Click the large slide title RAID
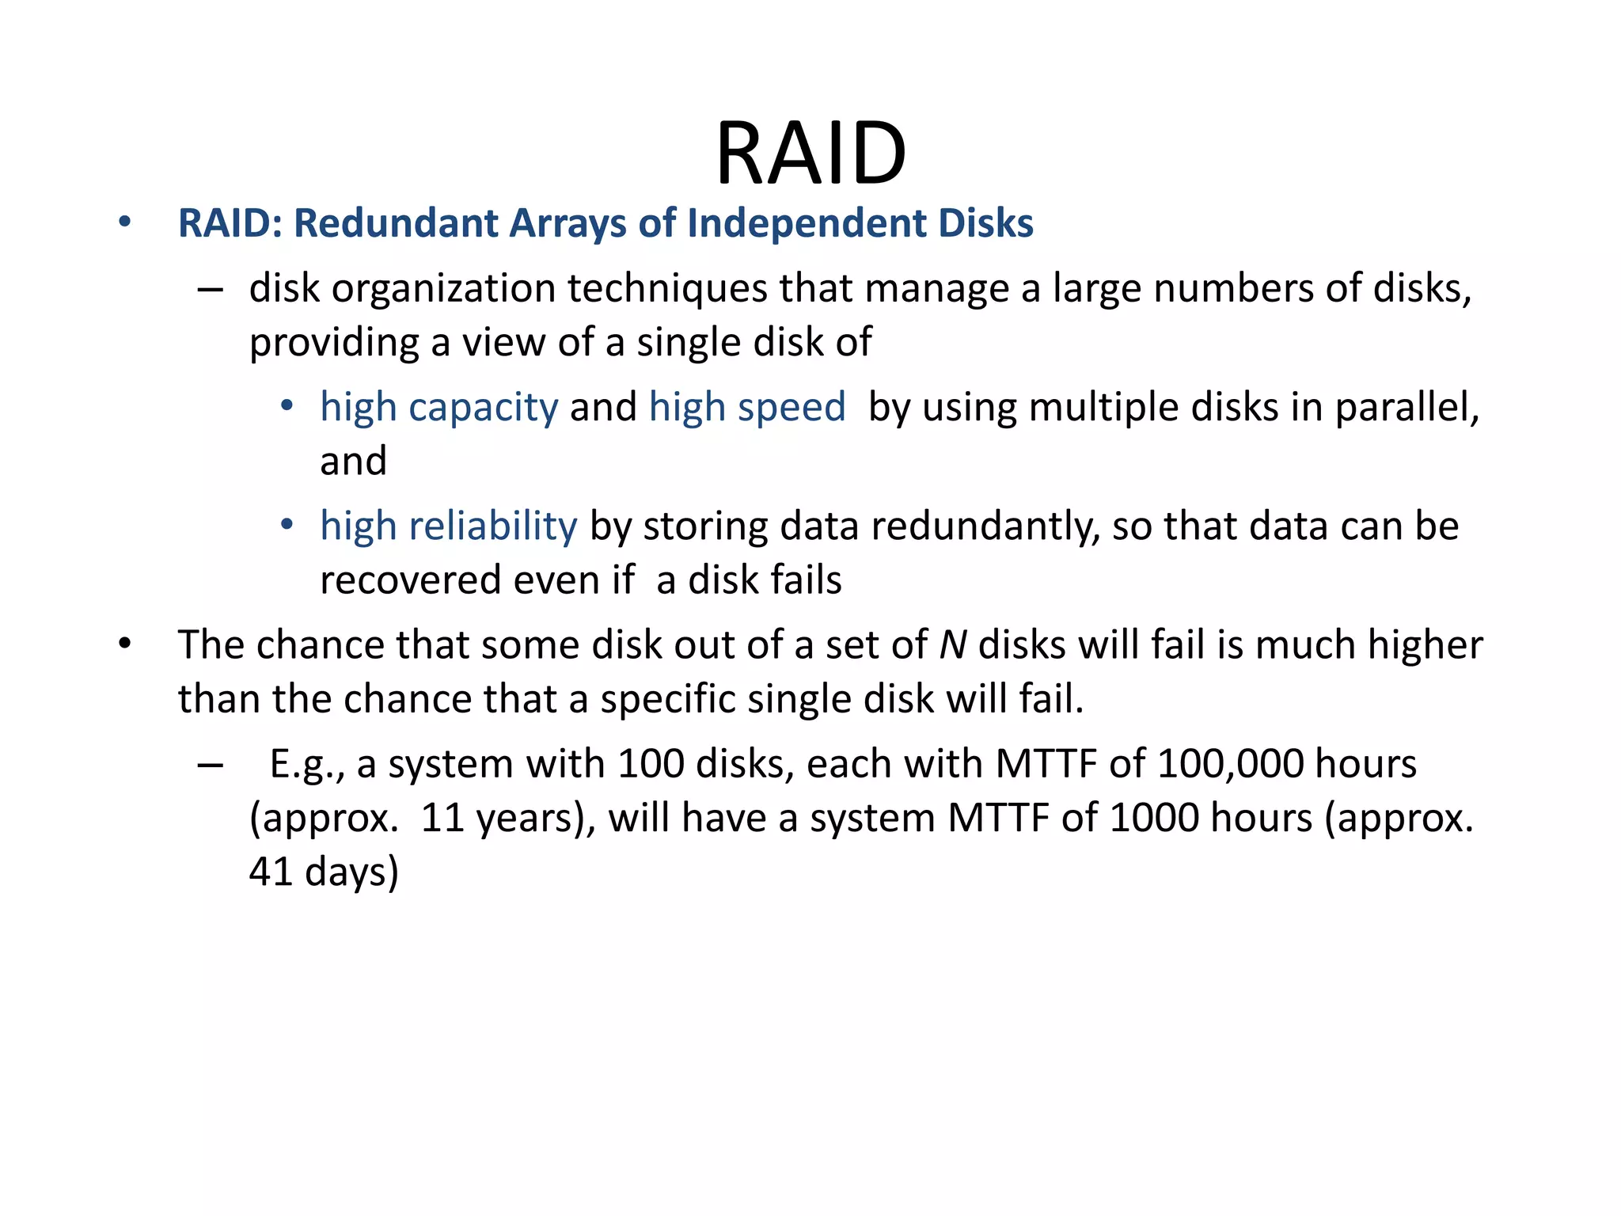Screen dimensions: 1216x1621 pos(810,154)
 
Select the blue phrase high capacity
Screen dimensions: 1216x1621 pos(439,408)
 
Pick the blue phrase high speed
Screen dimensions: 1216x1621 pos(747,408)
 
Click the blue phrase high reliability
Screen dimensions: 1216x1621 pos(449,526)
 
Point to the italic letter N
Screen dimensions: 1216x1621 pos(953,645)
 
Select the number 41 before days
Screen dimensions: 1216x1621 pos(271,872)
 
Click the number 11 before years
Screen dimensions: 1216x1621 pos(442,819)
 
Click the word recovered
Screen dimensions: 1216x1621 pos(411,580)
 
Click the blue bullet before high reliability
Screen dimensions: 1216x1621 pos(287,525)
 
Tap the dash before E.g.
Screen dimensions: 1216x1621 pos(210,766)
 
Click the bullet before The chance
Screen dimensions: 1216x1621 pos(124,644)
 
